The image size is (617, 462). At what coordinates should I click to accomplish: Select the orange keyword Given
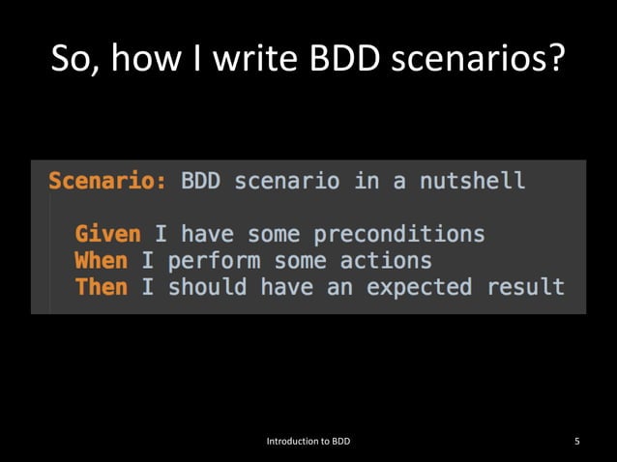107,235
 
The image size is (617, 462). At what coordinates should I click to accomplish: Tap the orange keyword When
101,261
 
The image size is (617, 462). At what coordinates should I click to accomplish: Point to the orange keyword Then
101,287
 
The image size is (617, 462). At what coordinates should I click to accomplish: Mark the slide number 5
577,442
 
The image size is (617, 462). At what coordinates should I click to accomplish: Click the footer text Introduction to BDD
308,442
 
